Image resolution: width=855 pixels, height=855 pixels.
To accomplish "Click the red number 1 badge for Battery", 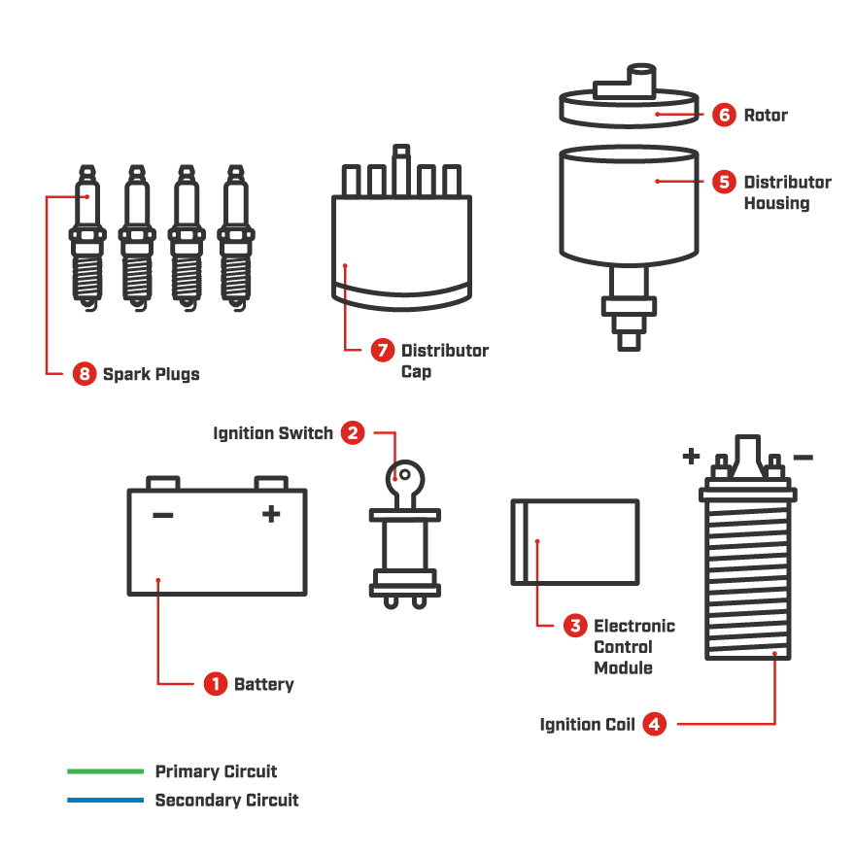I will (x=216, y=684).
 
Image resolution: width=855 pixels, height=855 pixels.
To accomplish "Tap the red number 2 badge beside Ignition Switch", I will (x=353, y=433).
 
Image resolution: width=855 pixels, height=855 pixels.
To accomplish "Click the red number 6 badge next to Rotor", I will (x=724, y=115).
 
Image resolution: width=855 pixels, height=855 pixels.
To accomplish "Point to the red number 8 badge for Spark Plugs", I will (x=85, y=373).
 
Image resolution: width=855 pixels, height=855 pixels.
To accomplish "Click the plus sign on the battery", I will (x=271, y=514).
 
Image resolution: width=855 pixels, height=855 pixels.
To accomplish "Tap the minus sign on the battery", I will (x=163, y=515).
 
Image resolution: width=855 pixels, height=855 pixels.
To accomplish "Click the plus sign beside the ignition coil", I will (x=691, y=455).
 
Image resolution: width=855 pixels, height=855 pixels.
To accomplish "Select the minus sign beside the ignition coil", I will (x=803, y=457).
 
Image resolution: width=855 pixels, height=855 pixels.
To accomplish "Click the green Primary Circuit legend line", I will (x=105, y=771).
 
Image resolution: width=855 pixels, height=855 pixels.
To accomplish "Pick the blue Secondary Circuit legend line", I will (x=105, y=801).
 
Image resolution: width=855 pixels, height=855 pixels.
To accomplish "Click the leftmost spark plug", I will (x=87, y=238).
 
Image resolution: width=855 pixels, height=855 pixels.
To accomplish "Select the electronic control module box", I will (x=575, y=542).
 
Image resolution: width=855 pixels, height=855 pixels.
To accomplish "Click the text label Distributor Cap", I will (x=444, y=360).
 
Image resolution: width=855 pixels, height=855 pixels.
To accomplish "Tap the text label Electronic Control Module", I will (x=633, y=647).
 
